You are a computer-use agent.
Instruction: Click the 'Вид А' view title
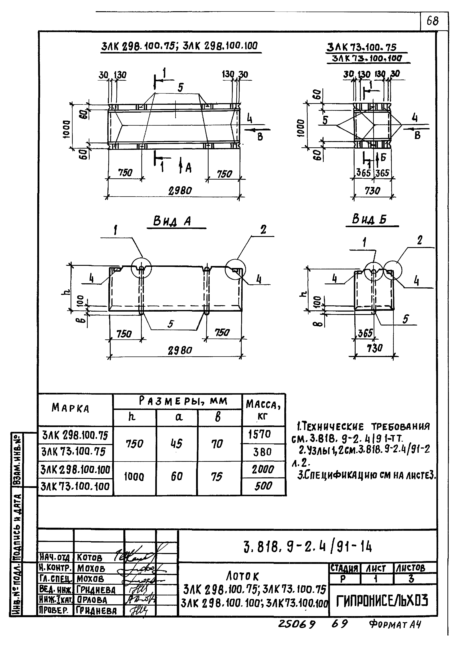[x=172, y=221]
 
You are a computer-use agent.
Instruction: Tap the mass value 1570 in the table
[x=260, y=434]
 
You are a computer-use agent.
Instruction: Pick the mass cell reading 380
[x=262, y=452]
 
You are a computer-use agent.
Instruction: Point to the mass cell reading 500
[x=263, y=486]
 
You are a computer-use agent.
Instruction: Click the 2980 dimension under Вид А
[x=180, y=351]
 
